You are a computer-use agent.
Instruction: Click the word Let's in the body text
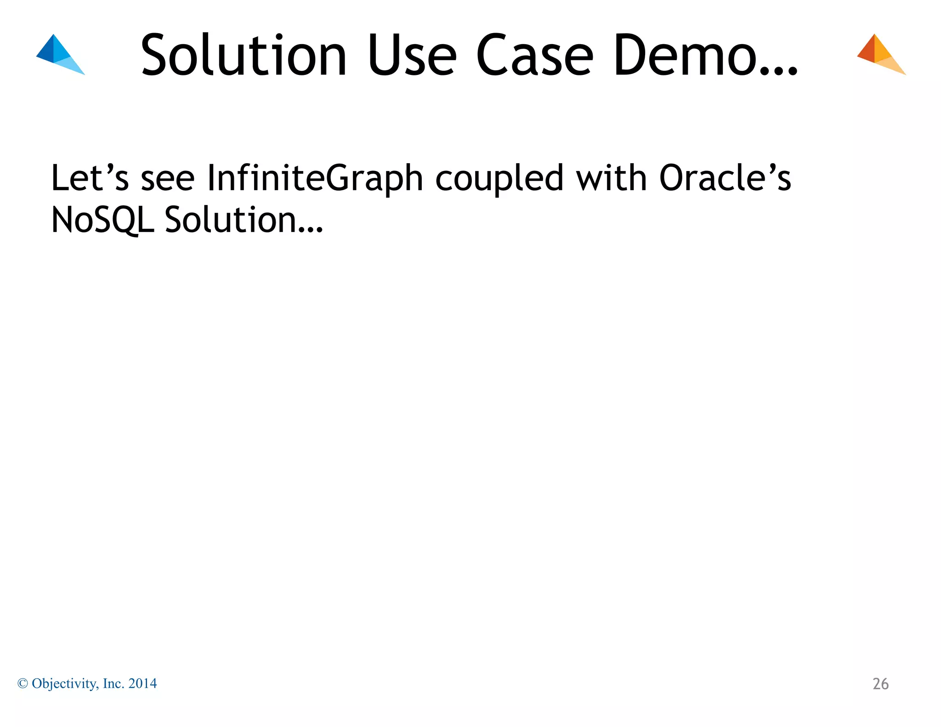(90, 178)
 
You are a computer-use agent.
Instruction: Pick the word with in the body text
(611, 178)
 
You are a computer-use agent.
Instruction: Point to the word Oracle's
(725, 178)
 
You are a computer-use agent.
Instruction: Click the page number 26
(880, 684)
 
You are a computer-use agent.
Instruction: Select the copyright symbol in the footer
(23, 684)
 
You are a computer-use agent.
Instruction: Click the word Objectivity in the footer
(65, 684)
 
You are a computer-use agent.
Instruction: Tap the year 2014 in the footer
(142, 684)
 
